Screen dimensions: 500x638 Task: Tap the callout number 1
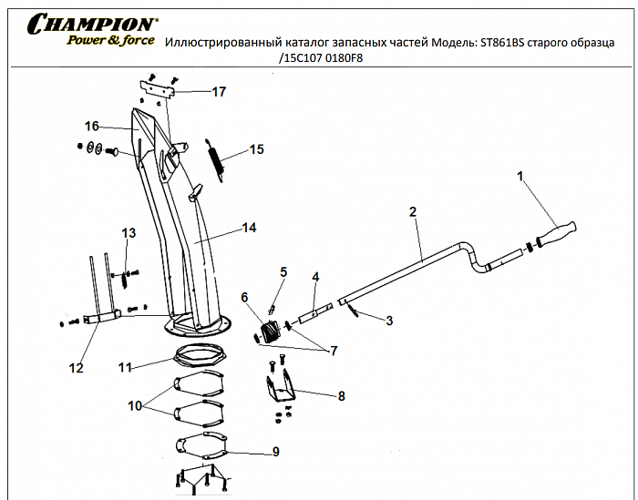click(521, 176)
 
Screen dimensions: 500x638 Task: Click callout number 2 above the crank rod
click(413, 211)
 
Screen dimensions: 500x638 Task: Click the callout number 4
click(315, 276)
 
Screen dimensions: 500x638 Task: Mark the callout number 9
click(275, 451)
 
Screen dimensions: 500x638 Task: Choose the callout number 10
click(136, 405)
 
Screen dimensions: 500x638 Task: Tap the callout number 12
click(77, 368)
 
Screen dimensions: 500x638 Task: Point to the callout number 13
click(129, 233)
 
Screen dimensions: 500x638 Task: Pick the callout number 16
click(91, 126)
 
